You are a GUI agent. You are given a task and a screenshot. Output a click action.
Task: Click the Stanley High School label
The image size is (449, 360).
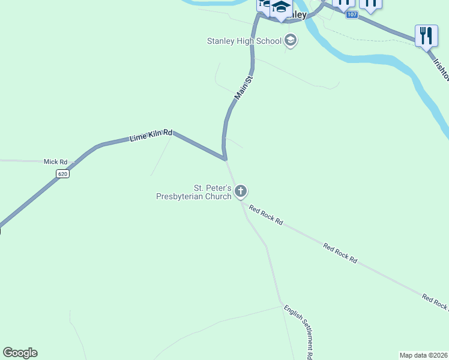(244, 41)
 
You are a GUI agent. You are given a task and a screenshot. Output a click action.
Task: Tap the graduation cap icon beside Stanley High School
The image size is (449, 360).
(291, 41)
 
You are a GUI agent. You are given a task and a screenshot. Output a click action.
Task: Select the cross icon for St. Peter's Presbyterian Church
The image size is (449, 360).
(241, 191)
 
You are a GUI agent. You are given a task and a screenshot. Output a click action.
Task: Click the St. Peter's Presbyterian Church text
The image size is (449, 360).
(193, 192)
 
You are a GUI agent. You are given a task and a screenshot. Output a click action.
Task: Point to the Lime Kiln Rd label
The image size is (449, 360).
(151, 136)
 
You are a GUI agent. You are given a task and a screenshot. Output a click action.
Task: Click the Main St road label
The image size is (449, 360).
(241, 88)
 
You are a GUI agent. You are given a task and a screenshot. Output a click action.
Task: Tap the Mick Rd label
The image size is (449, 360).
(55, 162)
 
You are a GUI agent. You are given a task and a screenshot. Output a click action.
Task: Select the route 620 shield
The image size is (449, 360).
(63, 173)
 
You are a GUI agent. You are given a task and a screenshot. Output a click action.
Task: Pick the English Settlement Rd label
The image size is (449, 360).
(299, 331)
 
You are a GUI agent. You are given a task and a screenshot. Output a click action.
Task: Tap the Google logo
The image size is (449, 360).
(20, 353)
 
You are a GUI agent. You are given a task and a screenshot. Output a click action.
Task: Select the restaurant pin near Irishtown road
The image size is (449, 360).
(426, 35)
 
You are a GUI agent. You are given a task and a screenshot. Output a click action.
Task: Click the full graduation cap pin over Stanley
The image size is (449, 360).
(280, 8)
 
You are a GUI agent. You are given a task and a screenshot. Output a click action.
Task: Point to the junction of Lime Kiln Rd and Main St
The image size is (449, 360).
(225, 160)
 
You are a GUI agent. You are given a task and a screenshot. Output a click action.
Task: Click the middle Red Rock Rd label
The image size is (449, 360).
(340, 253)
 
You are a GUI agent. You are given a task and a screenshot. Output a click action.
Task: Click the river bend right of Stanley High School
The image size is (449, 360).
(336, 48)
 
